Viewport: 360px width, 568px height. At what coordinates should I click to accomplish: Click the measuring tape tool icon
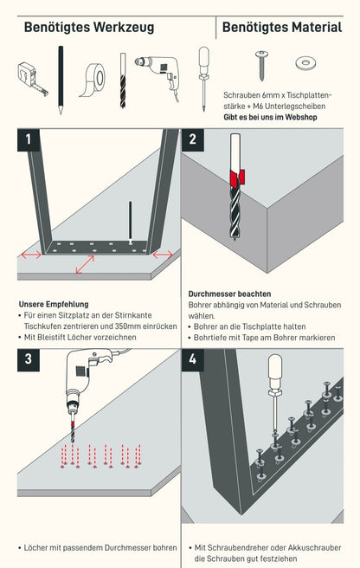(x=31, y=78)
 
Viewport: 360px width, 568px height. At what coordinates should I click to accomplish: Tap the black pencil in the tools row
(x=61, y=80)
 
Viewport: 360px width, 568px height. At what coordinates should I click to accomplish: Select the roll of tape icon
(x=93, y=80)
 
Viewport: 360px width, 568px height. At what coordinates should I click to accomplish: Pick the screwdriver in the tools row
(x=203, y=79)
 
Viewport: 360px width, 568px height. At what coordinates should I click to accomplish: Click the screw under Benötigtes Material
(x=261, y=65)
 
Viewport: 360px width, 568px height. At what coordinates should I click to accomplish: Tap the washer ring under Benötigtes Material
(x=305, y=63)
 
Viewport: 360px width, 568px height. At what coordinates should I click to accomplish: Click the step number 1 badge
(x=29, y=139)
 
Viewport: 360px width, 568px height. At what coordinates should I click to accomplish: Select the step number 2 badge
(x=192, y=139)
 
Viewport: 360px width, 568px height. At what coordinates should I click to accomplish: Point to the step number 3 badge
(x=29, y=359)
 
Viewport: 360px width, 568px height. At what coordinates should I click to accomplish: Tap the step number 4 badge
(x=192, y=359)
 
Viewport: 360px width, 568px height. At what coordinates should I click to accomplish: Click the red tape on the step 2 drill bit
(x=237, y=177)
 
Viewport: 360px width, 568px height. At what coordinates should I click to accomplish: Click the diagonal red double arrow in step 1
(x=85, y=264)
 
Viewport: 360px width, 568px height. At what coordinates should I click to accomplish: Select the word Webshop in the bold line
(x=301, y=117)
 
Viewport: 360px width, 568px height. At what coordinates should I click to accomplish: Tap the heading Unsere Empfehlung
(x=54, y=304)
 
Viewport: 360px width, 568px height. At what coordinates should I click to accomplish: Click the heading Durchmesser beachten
(x=229, y=294)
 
